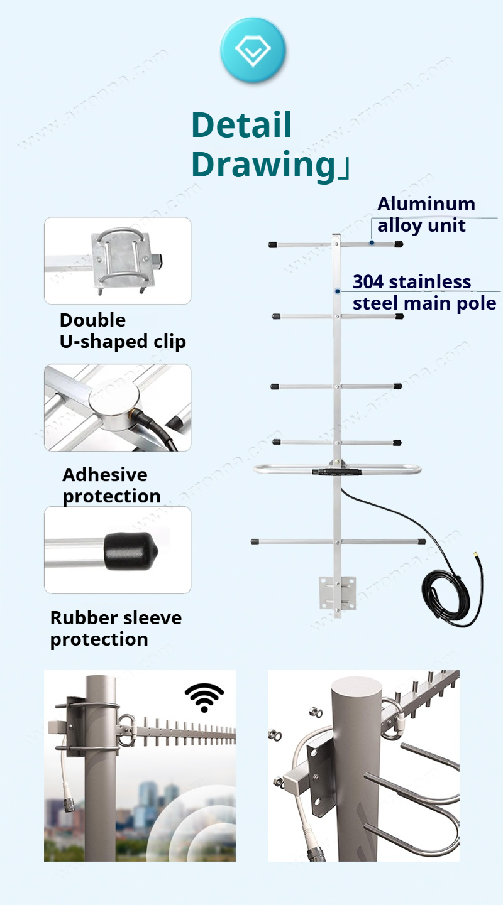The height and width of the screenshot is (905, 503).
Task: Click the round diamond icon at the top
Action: (253, 50)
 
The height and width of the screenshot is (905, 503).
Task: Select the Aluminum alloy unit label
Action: (426, 214)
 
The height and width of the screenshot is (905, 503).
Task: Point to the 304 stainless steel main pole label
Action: (424, 293)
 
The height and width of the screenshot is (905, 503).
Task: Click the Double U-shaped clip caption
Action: (123, 331)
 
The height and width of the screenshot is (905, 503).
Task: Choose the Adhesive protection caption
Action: (111, 485)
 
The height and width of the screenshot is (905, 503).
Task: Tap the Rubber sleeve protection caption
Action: (116, 628)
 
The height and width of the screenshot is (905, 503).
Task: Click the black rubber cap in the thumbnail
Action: (130, 551)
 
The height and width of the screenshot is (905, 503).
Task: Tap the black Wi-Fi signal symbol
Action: (204, 698)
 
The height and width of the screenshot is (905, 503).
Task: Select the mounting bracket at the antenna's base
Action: (337, 593)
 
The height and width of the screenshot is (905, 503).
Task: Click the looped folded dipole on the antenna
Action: (336, 469)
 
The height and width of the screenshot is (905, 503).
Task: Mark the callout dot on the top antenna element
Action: (372, 242)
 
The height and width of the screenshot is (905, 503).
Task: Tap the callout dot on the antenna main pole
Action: (338, 291)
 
